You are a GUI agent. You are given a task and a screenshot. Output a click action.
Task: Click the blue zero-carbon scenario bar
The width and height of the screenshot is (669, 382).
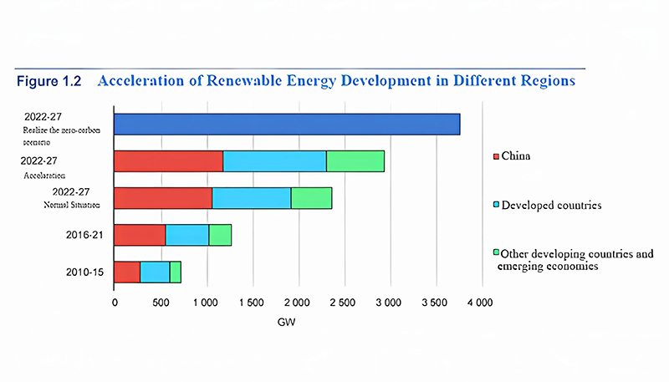point(287,124)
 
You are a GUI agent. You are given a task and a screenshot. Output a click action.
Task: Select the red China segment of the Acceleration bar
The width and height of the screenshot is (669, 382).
point(168,160)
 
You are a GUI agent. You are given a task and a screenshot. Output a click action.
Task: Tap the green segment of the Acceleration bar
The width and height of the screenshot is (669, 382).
point(355,160)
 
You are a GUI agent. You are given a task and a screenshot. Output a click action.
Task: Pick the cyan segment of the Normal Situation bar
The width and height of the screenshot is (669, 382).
point(251,198)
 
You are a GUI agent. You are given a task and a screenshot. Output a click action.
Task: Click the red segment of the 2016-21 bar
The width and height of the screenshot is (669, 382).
point(140,235)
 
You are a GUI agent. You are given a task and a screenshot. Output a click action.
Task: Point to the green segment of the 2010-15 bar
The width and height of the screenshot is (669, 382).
point(175,272)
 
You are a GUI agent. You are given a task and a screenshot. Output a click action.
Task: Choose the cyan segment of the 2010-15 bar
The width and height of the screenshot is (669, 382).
point(155,272)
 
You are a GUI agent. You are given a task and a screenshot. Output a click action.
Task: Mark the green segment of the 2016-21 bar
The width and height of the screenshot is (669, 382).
point(220,235)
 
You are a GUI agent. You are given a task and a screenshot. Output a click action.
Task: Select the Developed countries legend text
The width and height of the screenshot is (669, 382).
point(548,204)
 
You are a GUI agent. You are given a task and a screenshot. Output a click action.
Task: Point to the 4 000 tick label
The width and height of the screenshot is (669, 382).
point(483,302)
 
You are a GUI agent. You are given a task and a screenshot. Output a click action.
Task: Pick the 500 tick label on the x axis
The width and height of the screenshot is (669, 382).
point(161,302)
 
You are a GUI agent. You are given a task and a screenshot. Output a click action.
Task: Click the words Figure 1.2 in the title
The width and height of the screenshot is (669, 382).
point(49,82)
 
